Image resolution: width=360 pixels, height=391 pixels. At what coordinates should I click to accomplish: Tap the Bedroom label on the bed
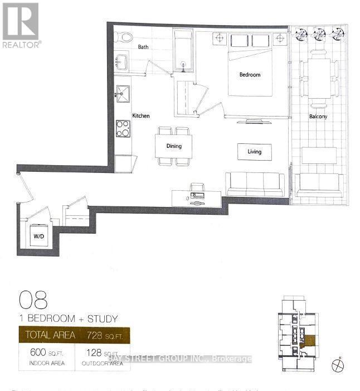(250, 75)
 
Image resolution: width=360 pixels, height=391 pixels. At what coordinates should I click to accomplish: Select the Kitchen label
(140, 116)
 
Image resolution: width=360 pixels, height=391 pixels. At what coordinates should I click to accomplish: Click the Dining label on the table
(174, 146)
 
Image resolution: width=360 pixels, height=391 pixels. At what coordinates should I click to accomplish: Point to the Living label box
(254, 151)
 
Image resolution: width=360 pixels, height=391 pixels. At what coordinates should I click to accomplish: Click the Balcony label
(318, 117)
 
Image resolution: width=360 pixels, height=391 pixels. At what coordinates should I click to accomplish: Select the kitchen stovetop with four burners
(123, 128)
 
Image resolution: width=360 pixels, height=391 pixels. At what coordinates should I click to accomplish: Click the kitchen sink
(122, 93)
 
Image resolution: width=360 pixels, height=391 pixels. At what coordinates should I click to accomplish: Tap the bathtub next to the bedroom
(183, 52)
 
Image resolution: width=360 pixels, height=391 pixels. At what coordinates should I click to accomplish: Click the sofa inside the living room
(254, 184)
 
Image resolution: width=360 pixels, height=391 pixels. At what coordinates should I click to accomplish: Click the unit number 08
(33, 300)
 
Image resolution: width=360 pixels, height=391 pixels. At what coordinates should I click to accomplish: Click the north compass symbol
(338, 366)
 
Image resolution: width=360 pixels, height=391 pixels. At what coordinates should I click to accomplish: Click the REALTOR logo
(21, 25)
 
